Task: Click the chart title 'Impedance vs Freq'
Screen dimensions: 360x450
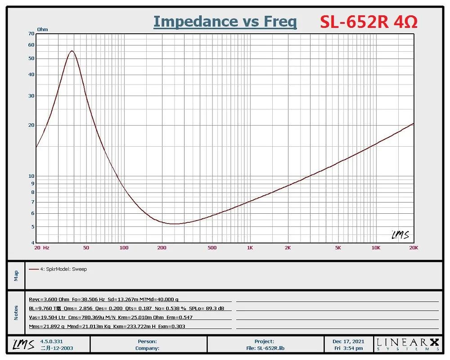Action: pos(225,21)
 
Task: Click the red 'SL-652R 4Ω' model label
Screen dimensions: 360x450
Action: pos(369,21)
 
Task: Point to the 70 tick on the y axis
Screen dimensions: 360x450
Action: pos(31,34)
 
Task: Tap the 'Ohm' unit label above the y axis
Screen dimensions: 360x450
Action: pos(42,29)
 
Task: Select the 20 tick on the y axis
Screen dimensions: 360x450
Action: pos(31,125)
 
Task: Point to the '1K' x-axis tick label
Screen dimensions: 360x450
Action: pos(250,247)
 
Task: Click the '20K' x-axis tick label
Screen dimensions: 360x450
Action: pos(413,247)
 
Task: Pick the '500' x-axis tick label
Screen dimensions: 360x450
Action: pos(212,247)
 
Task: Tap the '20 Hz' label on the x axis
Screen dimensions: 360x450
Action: pos(42,247)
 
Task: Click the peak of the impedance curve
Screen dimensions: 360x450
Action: pos(72,51)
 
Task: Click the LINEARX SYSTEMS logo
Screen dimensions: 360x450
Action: pos(408,344)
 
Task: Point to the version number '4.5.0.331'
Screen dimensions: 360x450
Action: pos(53,342)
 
